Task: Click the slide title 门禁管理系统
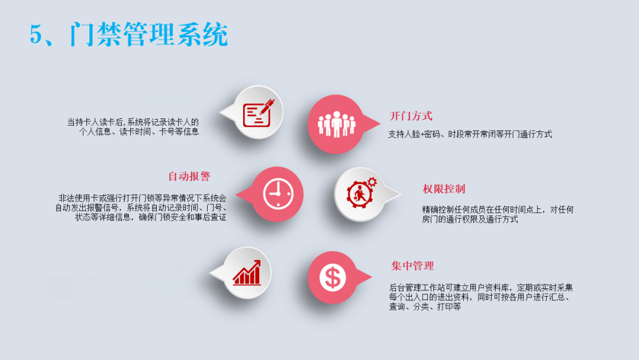point(149,34)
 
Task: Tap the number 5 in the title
point(36,34)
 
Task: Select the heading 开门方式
point(411,116)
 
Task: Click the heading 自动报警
point(189,176)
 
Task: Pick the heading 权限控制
point(444,189)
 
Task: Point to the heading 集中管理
point(412,266)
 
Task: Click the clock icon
point(278,194)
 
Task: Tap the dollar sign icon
point(333,278)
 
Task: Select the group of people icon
point(337,124)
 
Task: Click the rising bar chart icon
point(247,272)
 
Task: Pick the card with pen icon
point(259,113)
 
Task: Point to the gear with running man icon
point(362,192)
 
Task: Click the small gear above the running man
point(372,182)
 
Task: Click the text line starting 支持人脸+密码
point(470,134)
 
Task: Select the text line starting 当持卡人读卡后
point(133,122)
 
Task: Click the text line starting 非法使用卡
point(142,198)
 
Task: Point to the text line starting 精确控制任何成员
point(498,210)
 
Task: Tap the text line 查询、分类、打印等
point(425,307)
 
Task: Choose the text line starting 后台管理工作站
point(481,288)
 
